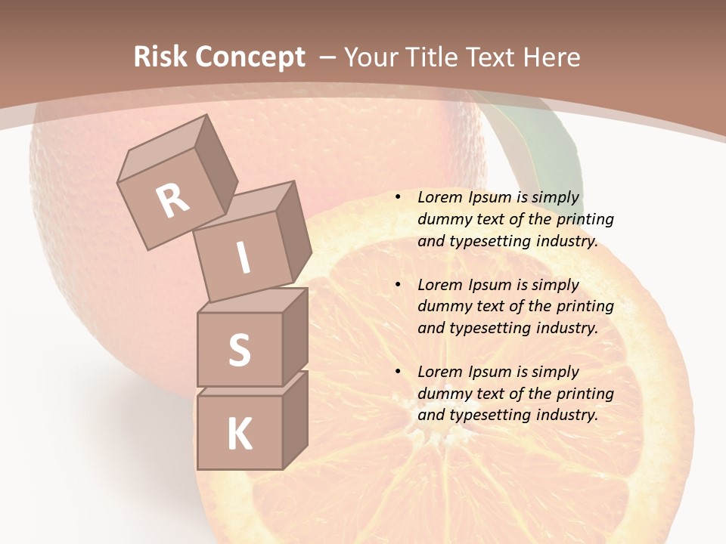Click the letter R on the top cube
click(172, 201)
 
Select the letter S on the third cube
click(239, 350)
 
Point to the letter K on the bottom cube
click(239, 434)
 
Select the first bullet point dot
click(398, 198)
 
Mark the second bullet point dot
click(398, 285)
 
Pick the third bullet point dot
click(398, 372)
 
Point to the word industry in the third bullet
click(565, 415)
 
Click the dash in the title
click(328, 57)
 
